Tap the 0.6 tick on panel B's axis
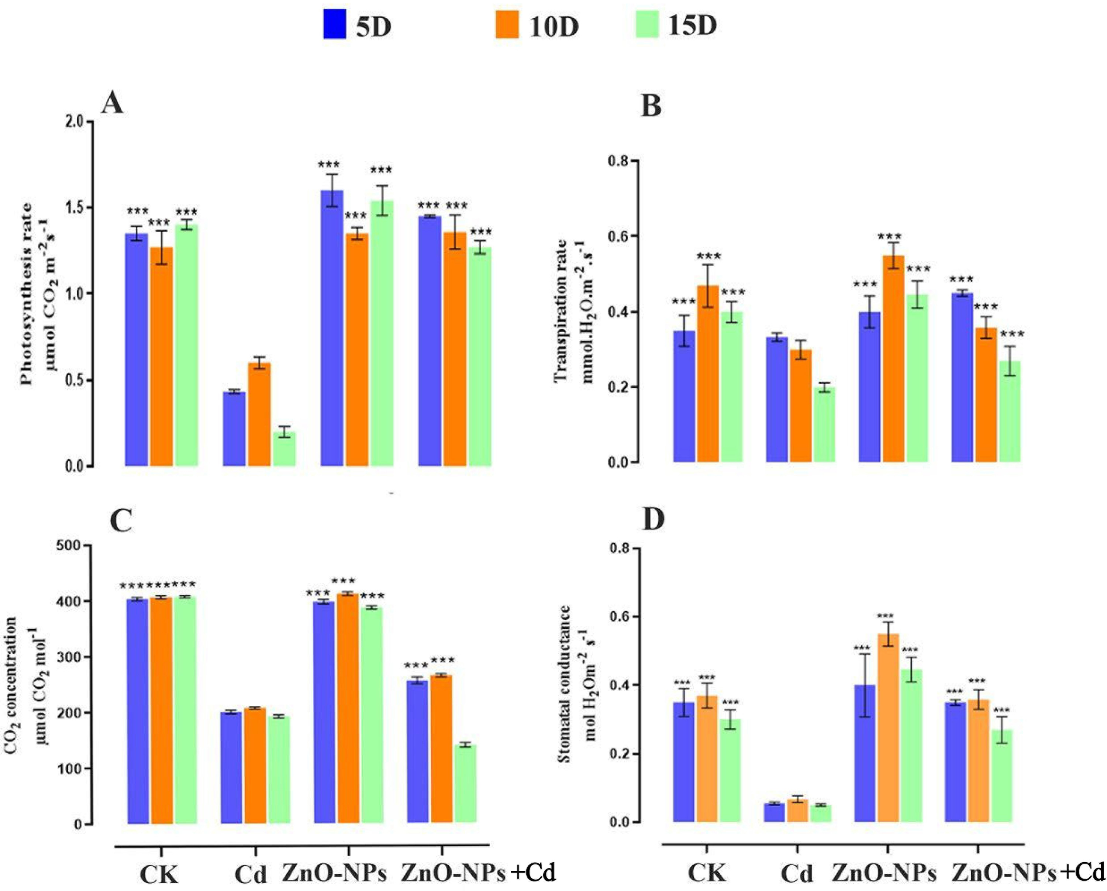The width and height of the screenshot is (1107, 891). click(x=620, y=236)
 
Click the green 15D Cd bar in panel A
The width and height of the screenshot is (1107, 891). click(x=284, y=449)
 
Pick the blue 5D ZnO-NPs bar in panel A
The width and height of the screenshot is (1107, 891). click(x=332, y=328)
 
